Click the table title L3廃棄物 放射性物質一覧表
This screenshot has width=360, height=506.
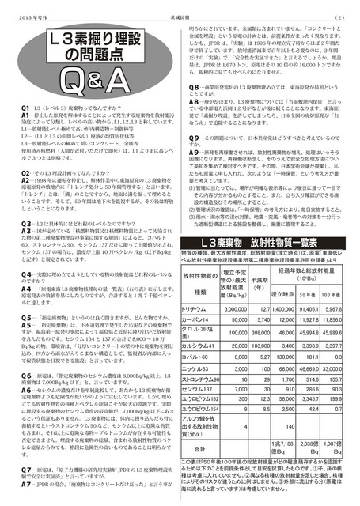click(270, 241)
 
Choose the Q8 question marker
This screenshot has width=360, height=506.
click(193, 108)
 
